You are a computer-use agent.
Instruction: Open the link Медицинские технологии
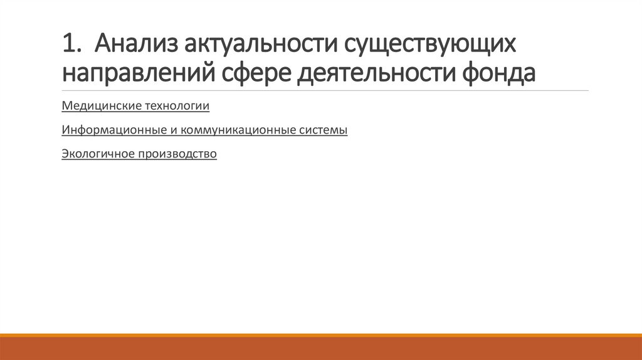135,106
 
